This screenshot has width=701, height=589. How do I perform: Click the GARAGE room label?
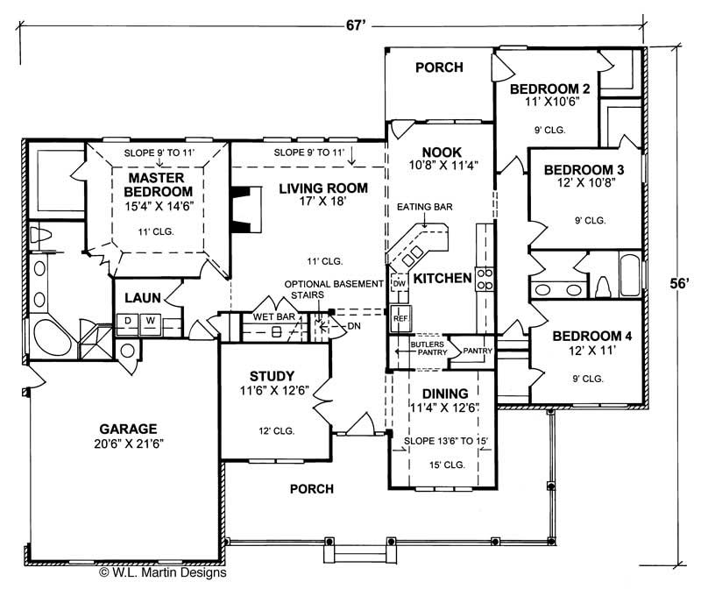[x=127, y=429]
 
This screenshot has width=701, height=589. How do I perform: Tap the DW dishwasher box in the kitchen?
[x=399, y=284]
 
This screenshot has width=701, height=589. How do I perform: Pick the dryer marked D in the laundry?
[x=128, y=321]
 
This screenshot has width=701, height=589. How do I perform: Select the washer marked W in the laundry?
[x=150, y=321]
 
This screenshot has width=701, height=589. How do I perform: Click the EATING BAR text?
[x=425, y=209]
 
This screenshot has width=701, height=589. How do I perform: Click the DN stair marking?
[x=353, y=325]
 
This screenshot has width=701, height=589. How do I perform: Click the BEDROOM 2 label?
[x=549, y=89]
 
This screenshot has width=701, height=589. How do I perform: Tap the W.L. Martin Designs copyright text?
[x=162, y=572]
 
